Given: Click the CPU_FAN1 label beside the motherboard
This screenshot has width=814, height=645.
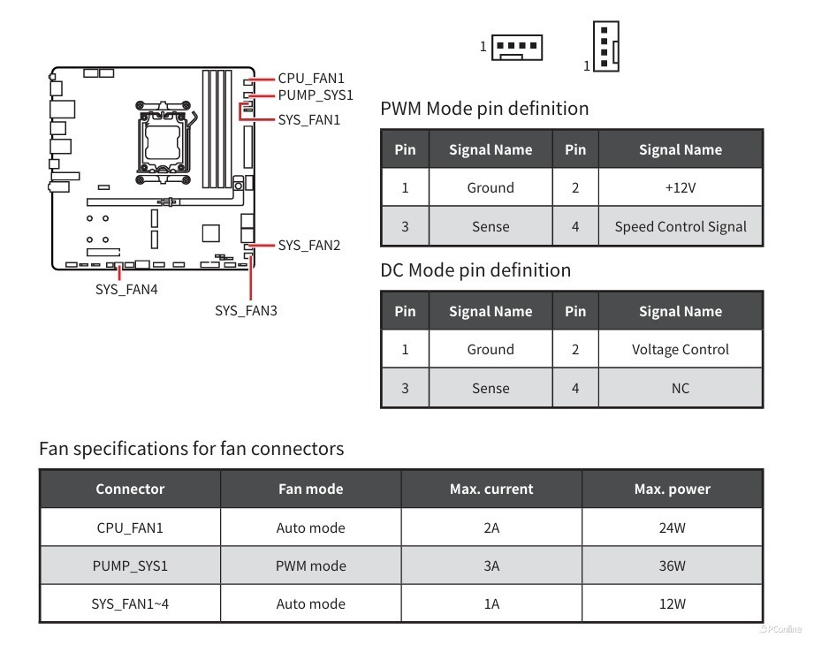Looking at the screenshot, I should tap(310, 79).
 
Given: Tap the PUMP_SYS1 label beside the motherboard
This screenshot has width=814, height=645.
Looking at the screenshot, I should tap(315, 95).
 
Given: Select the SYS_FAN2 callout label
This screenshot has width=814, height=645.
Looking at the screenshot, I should tap(308, 246).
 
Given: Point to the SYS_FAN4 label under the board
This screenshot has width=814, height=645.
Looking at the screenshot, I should tap(126, 289).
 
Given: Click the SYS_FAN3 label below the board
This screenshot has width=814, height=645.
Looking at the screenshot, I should tap(246, 310).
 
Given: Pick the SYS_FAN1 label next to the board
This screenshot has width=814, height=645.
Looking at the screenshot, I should tap(308, 119).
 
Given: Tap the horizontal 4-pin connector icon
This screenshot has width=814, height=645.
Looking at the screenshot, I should tap(516, 46).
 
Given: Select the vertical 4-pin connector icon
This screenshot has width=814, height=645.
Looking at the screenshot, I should tap(605, 46).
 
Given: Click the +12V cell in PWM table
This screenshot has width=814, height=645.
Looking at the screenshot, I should tap(680, 188).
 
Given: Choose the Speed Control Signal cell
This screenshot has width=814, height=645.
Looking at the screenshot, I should tap(680, 227).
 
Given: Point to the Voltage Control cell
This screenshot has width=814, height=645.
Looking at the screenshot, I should tap(680, 350).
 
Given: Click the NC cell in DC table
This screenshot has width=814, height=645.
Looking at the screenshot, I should tap(680, 389).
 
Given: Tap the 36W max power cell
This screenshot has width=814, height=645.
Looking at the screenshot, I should tap(672, 566).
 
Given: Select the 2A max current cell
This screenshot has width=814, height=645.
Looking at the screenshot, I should tap(491, 528).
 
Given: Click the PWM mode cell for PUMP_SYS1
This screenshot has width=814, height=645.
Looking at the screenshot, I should tap(310, 566).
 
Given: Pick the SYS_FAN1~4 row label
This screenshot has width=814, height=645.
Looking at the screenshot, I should tap(130, 604).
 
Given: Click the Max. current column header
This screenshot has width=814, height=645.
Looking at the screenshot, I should tap(491, 489).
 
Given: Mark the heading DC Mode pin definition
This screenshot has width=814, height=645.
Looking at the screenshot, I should tap(475, 270).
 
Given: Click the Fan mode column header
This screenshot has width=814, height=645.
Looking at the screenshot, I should tap(310, 489).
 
